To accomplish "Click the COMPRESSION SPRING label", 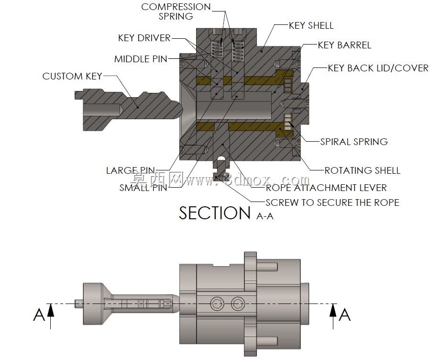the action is click(176, 11).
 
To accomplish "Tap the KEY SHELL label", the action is click(311, 25).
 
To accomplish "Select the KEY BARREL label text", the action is click(344, 45).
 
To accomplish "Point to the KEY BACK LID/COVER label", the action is click(378, 68).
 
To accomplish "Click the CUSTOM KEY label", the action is click(72, 76).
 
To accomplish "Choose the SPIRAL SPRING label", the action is click(354, 142).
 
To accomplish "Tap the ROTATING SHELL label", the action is click(362, 170).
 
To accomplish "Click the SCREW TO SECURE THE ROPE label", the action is click(332, 202).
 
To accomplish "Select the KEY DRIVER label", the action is click(144, 38).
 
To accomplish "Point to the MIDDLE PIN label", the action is click(141, 59).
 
